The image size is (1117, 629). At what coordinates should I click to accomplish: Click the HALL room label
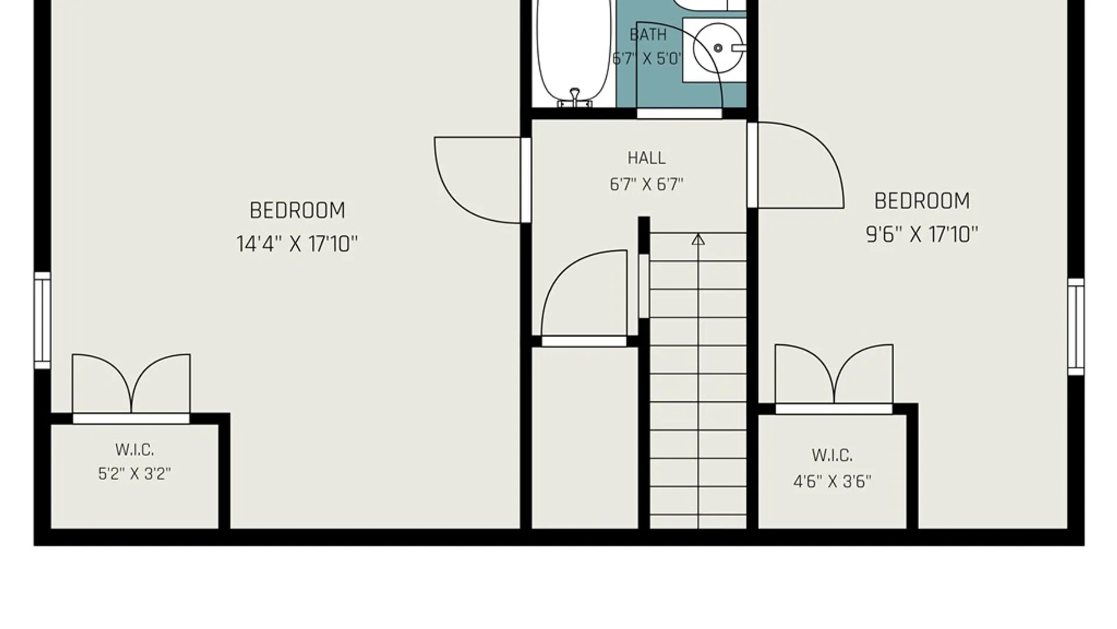[x=646, y=158]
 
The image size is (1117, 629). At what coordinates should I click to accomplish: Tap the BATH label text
[x=648, y=35]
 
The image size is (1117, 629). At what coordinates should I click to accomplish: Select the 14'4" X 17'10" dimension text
[x=297, y=243]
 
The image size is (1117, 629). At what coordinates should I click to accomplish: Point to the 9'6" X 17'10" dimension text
[x=922, y=235]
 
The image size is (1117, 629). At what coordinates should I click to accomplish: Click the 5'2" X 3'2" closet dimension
[x=134, y=474]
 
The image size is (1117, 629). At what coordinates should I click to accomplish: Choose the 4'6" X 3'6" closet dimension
[x=832, y=482]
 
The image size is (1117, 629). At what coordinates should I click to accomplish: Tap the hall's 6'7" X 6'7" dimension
[x=646, y=185]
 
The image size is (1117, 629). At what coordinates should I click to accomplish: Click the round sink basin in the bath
[x=718, y=48]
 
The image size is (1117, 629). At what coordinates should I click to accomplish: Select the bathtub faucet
[x=575, y=98]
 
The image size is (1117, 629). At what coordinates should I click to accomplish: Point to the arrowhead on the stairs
[x=698, y=239]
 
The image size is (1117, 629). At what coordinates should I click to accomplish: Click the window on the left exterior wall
[x=42, y=320]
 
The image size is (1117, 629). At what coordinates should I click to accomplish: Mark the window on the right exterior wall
[x=1076, y=327]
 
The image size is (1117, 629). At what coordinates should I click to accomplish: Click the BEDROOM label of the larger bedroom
[x=297, y=210]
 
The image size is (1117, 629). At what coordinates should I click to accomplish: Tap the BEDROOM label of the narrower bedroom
[x=922, y=201]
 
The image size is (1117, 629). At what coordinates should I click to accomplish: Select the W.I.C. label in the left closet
[x=134, y=450]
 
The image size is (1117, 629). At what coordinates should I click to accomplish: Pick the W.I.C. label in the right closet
[x=832, y=455]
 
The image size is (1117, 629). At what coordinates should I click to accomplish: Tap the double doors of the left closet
[x=131, y=384]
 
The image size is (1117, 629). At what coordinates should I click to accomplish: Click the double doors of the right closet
[x=834, y=375]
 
